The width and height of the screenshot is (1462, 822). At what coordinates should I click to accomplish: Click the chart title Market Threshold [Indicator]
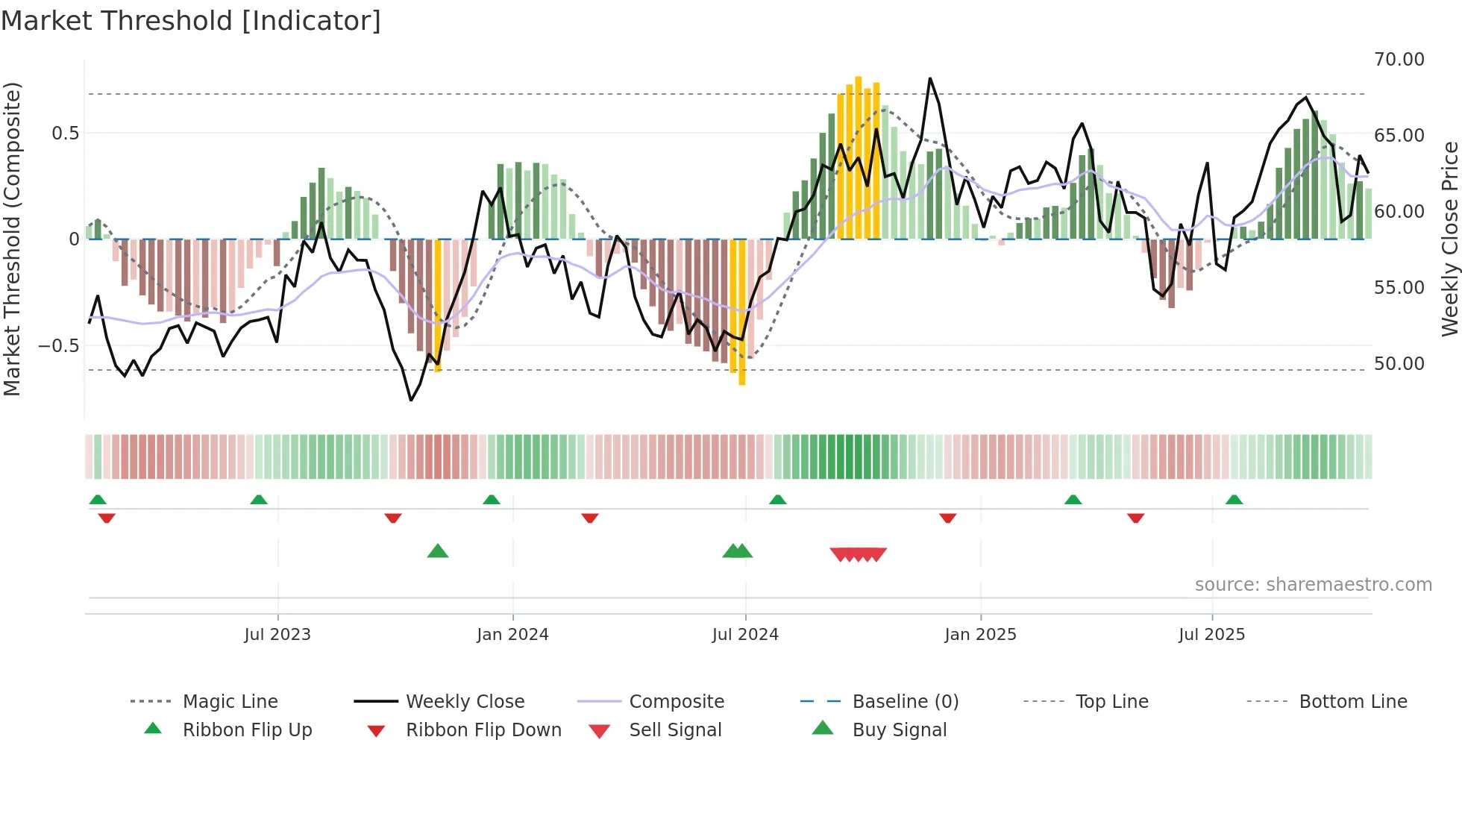tap(191, 21)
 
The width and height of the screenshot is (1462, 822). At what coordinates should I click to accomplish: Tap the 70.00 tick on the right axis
tap(1399, 60)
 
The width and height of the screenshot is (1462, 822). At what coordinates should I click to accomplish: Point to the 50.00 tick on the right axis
tap(1399, 364)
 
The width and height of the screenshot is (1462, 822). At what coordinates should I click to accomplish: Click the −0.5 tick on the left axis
tap(58, 346)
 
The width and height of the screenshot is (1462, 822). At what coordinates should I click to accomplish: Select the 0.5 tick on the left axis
tap(65, 134)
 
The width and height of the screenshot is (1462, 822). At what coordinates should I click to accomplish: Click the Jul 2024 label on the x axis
tap(745, 635)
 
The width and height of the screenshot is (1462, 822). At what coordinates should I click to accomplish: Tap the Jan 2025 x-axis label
tap(980, 635)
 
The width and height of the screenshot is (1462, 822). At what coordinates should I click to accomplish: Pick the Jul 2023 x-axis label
tap(277, 635)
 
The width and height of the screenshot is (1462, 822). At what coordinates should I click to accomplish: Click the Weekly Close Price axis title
tap(1449, 239)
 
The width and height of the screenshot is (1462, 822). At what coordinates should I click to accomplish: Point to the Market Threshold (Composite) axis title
tap(12, 239)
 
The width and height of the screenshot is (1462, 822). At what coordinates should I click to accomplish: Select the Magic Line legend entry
tap(230, 702)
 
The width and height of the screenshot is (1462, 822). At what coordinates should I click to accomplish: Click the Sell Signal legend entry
tap(675, 730)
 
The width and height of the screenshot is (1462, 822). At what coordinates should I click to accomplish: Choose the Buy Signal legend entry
tap(899, 730)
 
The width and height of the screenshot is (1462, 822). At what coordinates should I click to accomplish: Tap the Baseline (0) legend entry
tap(905, 702)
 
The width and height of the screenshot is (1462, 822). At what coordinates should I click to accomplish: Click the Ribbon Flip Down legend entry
tap(483, 730)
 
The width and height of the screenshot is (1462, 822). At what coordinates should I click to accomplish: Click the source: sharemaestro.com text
tap(1313, 585)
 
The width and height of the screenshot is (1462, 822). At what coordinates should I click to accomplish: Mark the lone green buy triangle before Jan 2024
tap(438, 551)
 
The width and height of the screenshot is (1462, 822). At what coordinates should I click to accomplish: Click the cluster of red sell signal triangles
tap(858, 554)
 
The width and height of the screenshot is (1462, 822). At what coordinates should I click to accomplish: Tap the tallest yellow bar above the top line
tap(859, 157)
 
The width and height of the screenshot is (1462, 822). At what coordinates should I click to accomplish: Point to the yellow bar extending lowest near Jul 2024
tap(742, 313)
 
